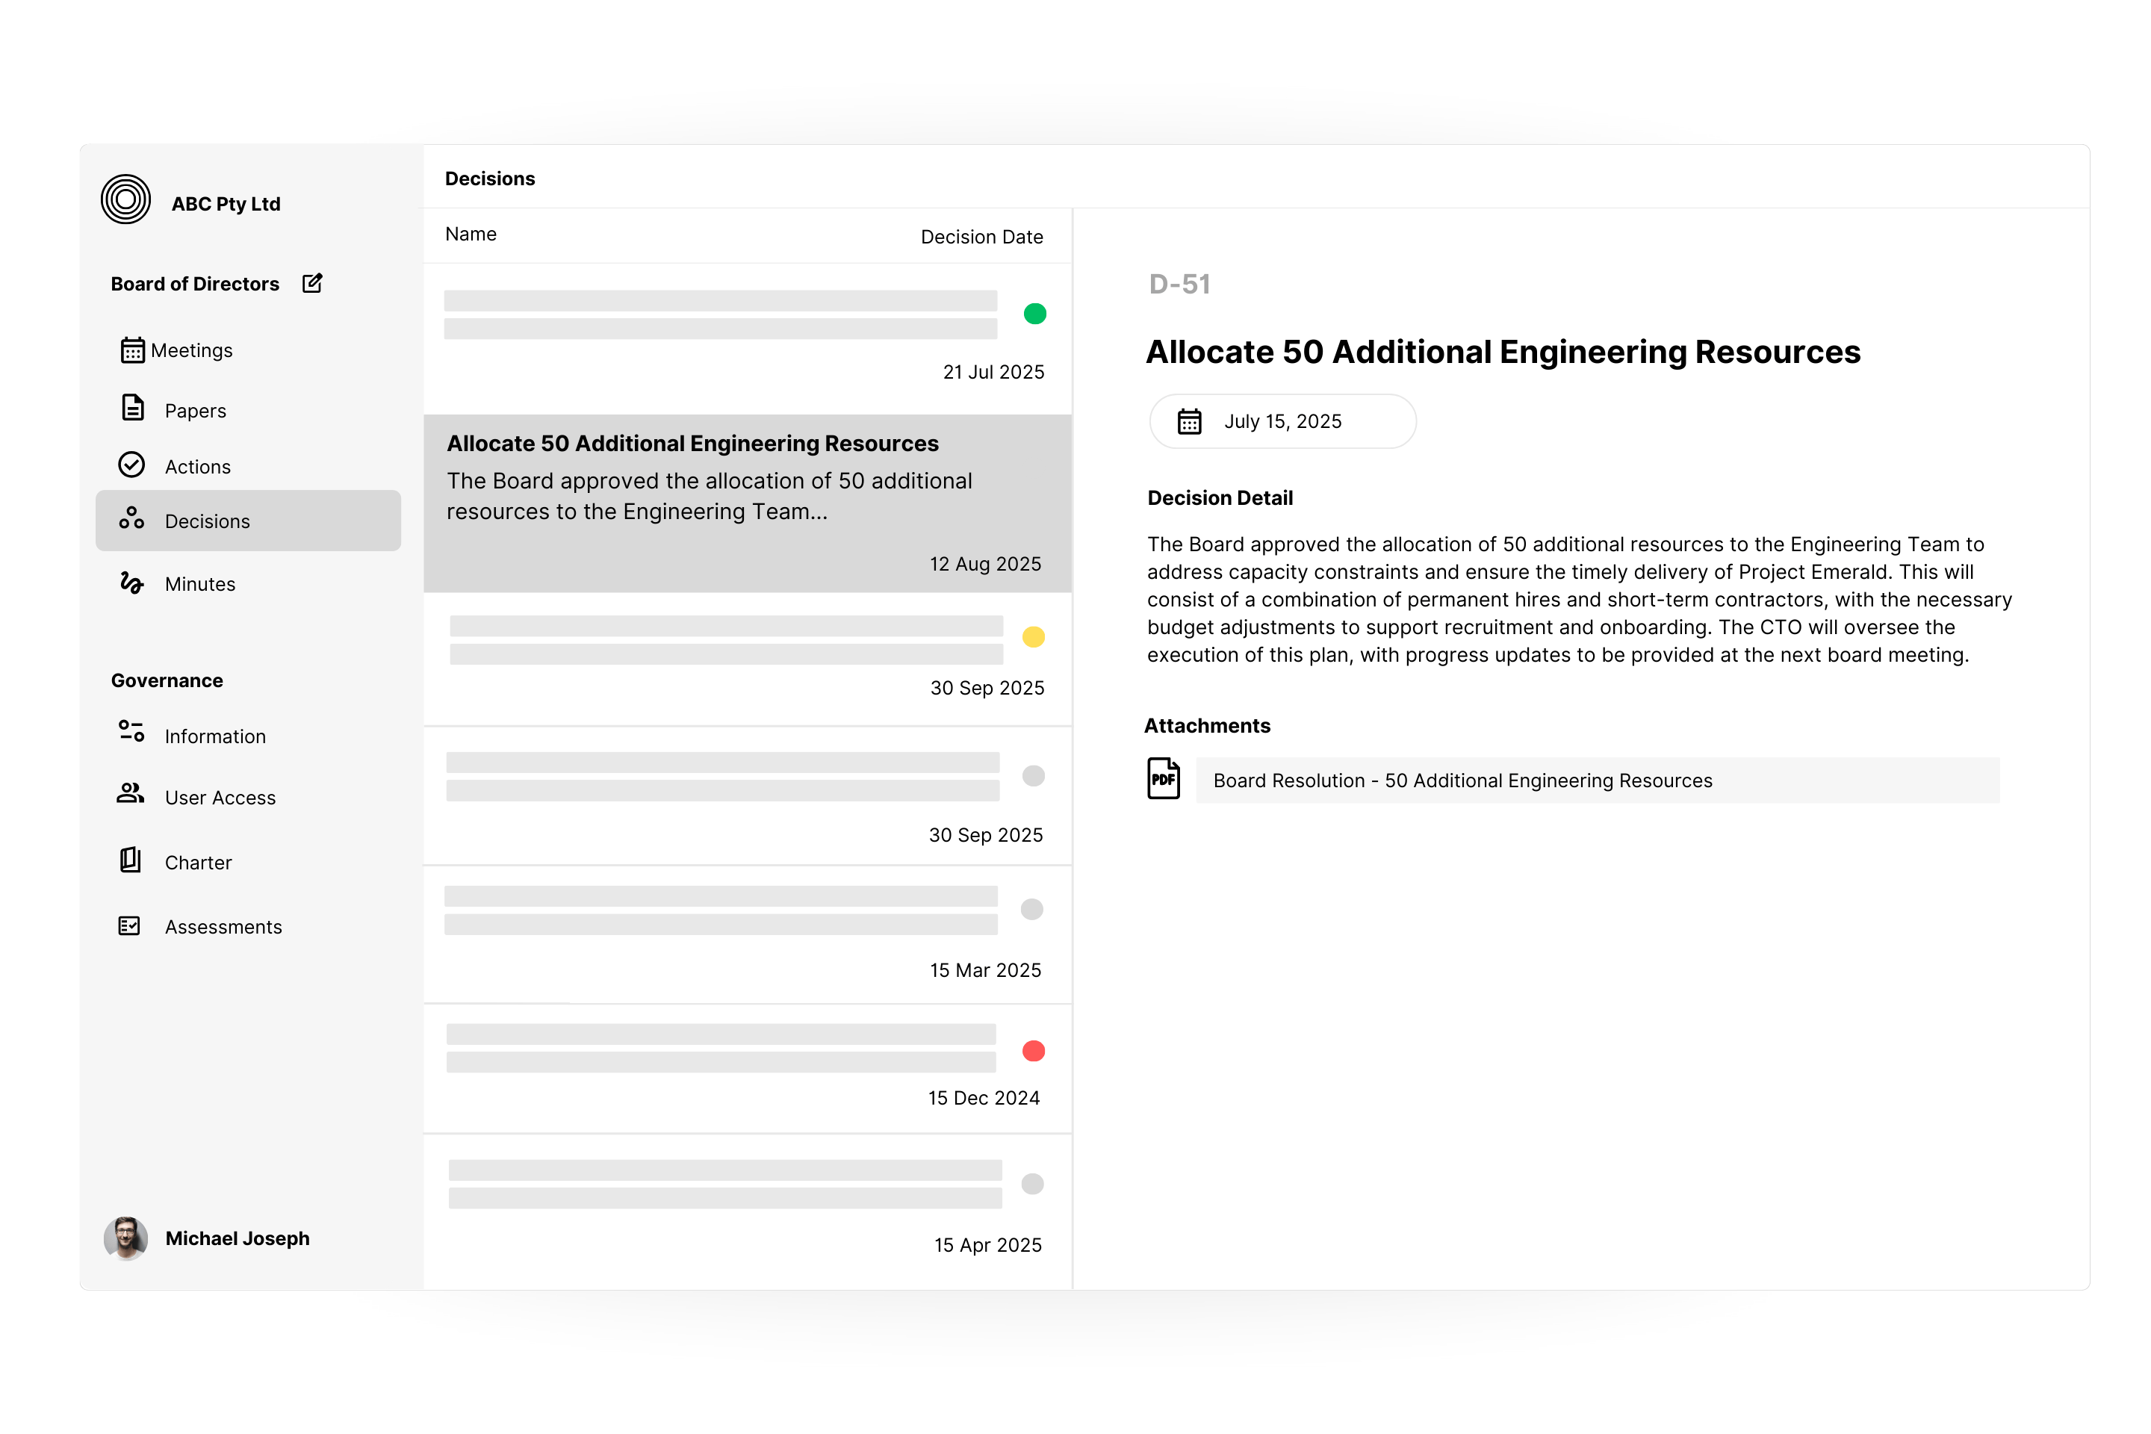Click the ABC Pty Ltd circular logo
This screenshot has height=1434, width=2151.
click(x=125, y=199)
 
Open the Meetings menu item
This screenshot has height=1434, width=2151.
click(x=190, y=350)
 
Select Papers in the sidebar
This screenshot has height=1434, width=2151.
click(x=195, y=411)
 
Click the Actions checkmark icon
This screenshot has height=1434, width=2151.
click(x=131, y=465)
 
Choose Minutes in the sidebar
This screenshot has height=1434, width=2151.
click(x=199, y=583)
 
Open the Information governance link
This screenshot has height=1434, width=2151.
click(x=215, y=736)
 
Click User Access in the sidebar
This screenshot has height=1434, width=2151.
click(x=220, y=798)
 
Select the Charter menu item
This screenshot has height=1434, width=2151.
click(x=197, y=863)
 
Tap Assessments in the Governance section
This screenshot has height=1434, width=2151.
click(x=223, y=926)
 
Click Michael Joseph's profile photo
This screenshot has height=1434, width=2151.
click(x=125, y=1238)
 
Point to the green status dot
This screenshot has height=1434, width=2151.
click(x=1034, y=314)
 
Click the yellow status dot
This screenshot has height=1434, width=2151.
click(x=1034, y=636)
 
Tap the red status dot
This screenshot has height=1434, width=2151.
click(x=1034, y=1051)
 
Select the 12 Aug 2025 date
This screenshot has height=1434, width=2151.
click(x=985, y=563)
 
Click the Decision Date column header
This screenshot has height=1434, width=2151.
click(x=981, y=237)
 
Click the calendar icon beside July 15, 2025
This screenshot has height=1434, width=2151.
click(x=1189, y=421)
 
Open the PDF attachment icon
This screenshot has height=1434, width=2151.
click(x=1164, y=779)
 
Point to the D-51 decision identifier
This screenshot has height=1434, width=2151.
click(x=1179, y=285)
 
